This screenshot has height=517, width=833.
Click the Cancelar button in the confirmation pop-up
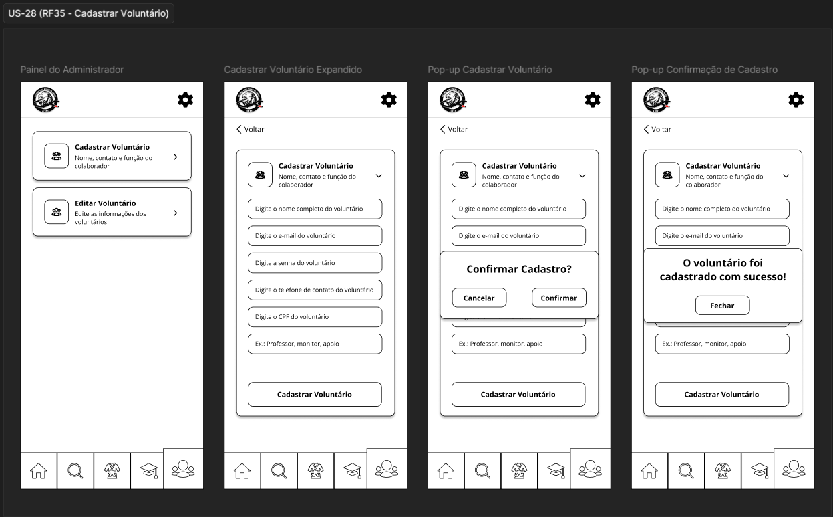tap(479, 298)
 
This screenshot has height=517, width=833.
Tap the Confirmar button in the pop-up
tap(559, 298)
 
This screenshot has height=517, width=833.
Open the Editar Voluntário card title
tap(106, 203)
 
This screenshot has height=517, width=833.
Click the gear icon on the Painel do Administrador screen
tap(185, 100)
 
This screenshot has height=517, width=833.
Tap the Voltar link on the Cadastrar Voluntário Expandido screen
tap(251, 129)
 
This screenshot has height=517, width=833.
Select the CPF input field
tap(315, 317)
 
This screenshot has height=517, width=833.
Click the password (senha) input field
tap(315, 263)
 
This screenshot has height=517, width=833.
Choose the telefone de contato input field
tap(315, 290)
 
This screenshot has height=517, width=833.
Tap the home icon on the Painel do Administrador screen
tap(39, 470)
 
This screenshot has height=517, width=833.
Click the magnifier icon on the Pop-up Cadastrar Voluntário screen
tap(483, 470)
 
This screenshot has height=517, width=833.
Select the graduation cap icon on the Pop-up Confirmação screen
tap(760, 470)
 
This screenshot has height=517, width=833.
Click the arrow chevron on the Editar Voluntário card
tap(176, 213)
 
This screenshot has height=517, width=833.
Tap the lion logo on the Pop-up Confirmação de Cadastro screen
tap(657, 100)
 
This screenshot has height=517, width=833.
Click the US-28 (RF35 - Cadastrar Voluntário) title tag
tap(88, 13)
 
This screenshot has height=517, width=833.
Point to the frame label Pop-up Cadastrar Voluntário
tap(490, 70)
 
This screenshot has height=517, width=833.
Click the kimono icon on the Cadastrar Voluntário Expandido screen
tap(316, 470)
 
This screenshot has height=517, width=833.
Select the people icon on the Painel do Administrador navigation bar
tap(183, 469)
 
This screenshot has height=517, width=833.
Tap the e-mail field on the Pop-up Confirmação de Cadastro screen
tap(722, 236)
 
